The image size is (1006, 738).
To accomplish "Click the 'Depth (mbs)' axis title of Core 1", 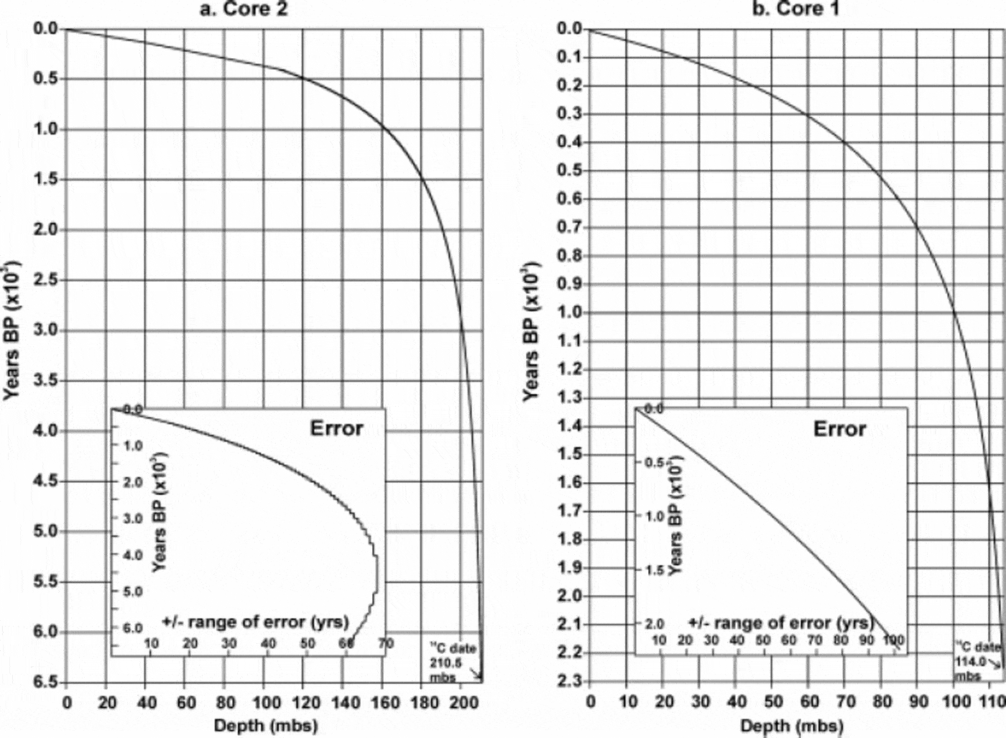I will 792,726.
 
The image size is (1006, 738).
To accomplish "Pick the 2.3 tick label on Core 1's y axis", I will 570,681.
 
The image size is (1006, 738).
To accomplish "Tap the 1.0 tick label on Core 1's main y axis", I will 570,312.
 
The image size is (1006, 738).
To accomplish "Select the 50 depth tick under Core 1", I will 773,701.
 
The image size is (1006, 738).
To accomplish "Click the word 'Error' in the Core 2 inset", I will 336,429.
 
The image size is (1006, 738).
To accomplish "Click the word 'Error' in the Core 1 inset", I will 839,430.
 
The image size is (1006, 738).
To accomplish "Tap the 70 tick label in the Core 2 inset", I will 385,643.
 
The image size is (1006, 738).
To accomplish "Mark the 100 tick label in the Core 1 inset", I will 893,640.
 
